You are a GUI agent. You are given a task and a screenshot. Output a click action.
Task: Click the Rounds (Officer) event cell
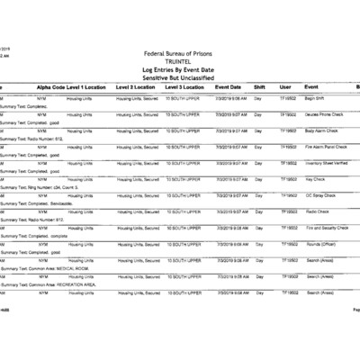click(322, 244)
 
